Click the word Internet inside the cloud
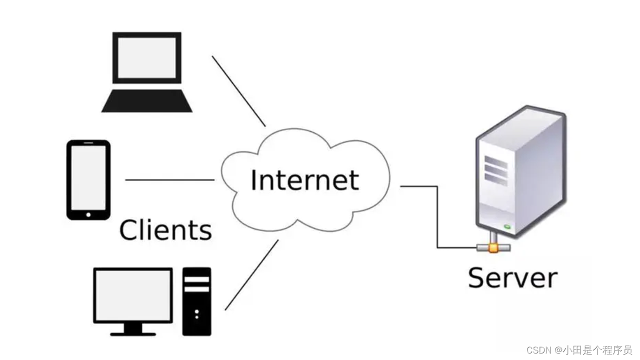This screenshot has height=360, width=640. coord(304,180)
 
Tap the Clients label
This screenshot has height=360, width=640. coord(165,230)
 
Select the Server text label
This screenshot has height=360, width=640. coord(512,277)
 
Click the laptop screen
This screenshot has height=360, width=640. coord(147,57)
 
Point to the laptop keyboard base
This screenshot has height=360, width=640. coord(147,101)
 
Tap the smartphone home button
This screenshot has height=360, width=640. coord(88,214)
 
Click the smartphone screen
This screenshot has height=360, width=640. coord(88,177)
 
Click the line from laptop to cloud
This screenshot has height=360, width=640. coord(238,90)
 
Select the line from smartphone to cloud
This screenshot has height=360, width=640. coord(170,180)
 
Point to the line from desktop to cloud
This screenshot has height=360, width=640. coord(251,275)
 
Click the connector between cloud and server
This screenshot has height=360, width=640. coord(437,215)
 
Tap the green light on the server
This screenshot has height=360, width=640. coord(507,226)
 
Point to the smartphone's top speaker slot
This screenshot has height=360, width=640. coord(88,143)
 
